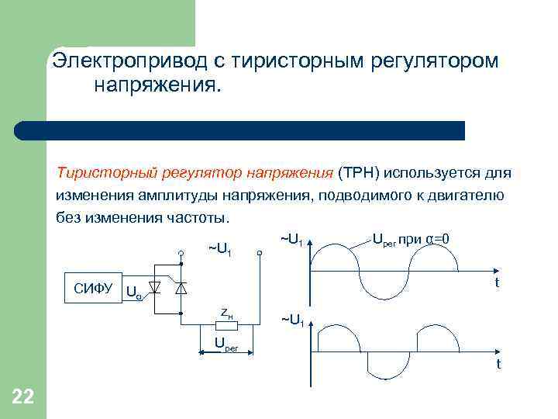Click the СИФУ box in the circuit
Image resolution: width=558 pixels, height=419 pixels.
pyautogui.click(x=94, y=286)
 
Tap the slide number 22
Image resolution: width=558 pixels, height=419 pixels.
pyautogui.click(x=23, y=398)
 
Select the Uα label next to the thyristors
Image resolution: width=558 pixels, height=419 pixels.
pyautogui.click(x=133, y=293)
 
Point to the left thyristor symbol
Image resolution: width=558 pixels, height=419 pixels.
pyautogui.click(x=154, y=287)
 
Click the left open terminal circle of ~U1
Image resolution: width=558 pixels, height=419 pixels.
pyautogui.click(x=180, y=252)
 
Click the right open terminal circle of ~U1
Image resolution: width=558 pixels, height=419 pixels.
pyautogui.click(x=260, y=252)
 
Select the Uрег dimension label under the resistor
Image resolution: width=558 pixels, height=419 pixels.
pyautogui.click(x=226, y=345)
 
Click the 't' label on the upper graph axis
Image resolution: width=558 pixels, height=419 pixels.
pyautogui.click(x=498, y=283)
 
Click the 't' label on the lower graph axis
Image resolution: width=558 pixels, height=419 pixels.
pyautogui.click(x=498, y=363)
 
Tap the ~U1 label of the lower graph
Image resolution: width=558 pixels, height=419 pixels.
pyautogui.click(x=292, y=319)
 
